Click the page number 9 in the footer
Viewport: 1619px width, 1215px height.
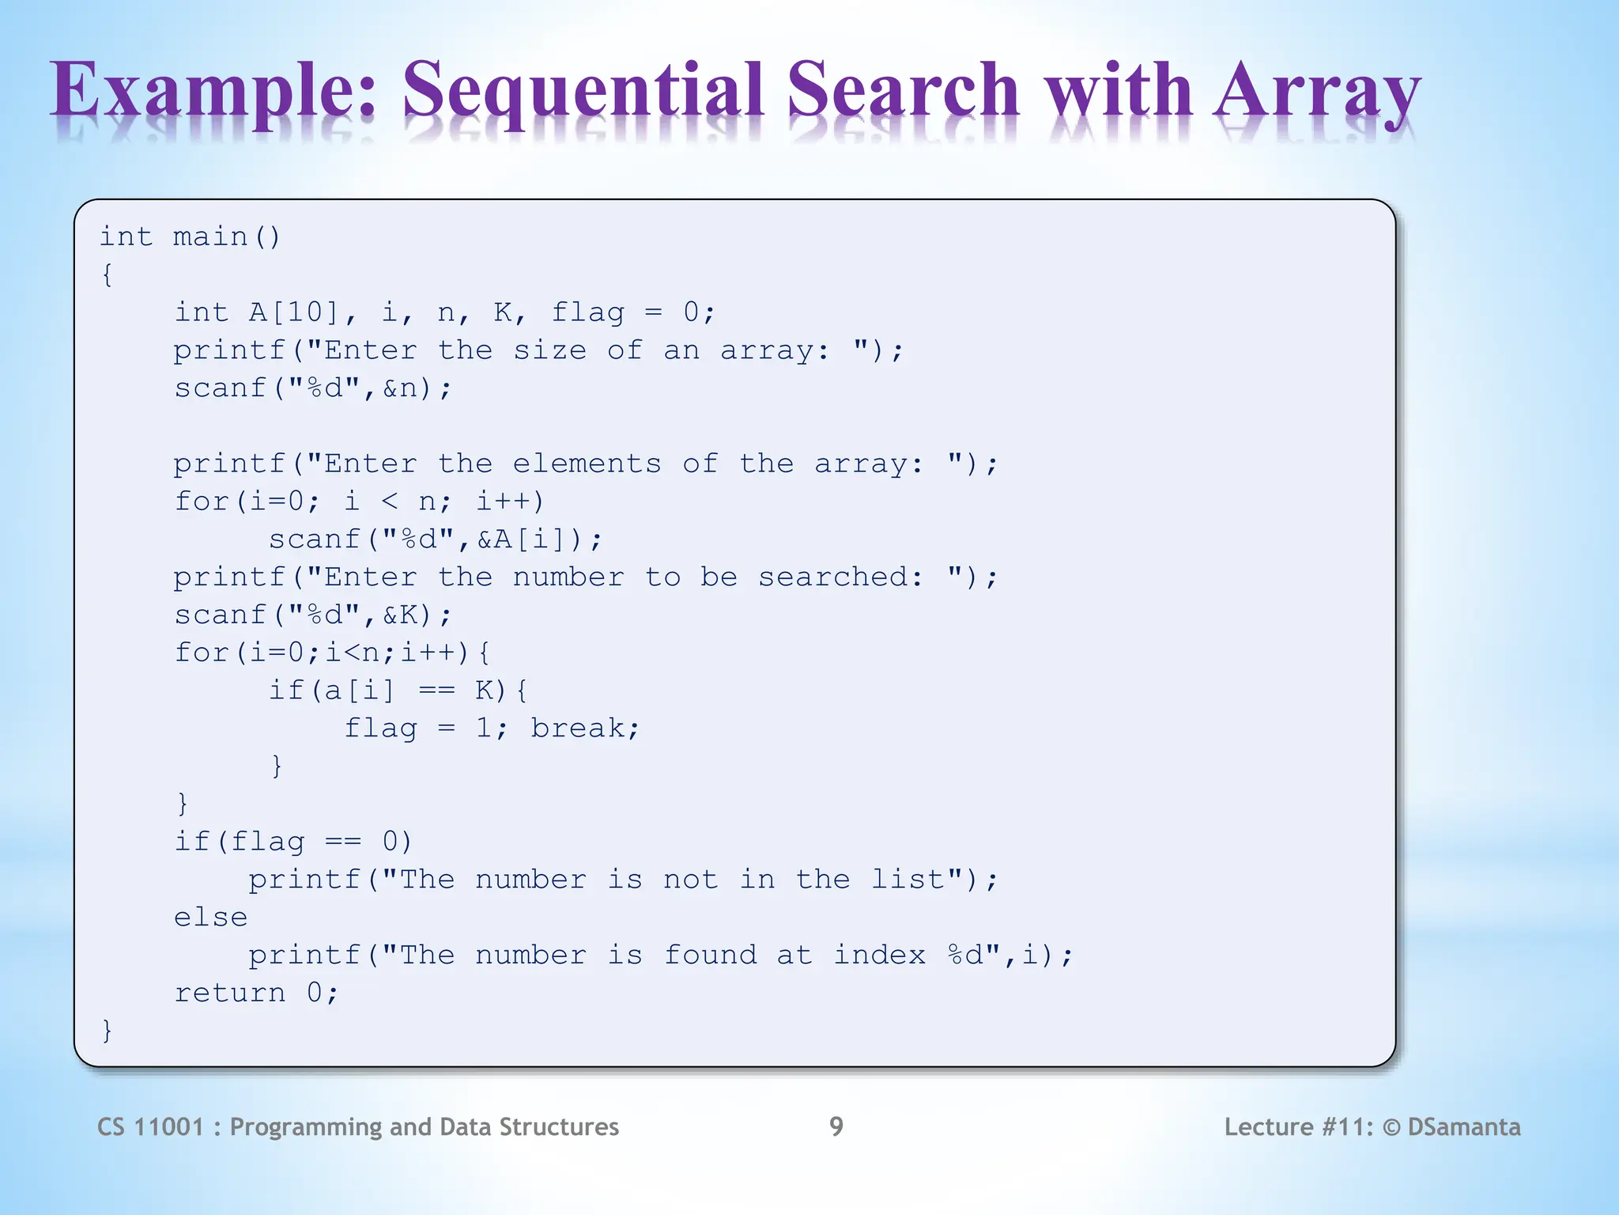coord(836,1126)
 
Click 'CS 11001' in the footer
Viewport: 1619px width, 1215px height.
coord(150,1126)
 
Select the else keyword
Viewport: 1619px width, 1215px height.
coord(210,918)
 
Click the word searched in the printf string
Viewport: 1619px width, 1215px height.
coord(832,577)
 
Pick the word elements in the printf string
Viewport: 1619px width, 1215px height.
coord(586,464)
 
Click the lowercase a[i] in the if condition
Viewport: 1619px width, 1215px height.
coord(359,691)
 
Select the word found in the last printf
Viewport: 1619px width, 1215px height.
coord(710,956)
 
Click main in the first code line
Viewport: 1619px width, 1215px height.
coord(210,237)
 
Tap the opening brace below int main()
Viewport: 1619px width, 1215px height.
coord(107,274)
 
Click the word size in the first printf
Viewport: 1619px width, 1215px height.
coord(549,350)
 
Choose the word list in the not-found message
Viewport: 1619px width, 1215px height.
coord(908,880)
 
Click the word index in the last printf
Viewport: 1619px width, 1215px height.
coord(879,956)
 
